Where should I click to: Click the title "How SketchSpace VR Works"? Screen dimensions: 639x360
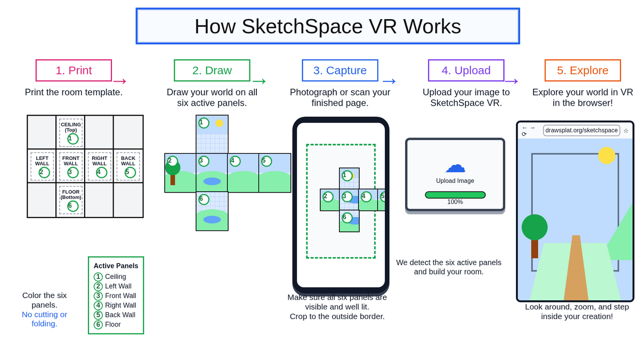pyautogui.click(x=328, y=26)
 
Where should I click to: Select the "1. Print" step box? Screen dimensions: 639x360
pyautogui.click(x=74, y=70)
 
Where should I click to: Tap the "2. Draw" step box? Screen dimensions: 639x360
pyautogui.click(x=212, y=70)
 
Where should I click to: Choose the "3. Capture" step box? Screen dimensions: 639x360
pyautogui.click(x=340, y=70)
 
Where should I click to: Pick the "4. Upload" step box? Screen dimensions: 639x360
pyautogui.click(x=466, y=70)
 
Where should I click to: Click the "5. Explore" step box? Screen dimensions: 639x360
pyautogui.click(x=583, y=70)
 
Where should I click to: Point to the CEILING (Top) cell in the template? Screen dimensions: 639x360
pyautogui.click(x=71, y=132)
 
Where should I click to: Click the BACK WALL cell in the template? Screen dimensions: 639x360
pyautogui.click(x=128, y=166)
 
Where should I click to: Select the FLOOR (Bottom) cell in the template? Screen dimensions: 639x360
pyautogui.click(x=71, y=200)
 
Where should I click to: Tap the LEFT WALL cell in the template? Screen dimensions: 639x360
pyautogui.click(x=42, y=166)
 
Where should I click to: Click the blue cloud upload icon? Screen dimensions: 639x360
pyautogui.click(x=455, y=167)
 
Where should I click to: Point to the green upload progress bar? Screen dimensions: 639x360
pyautogui.click(x=455, y=195)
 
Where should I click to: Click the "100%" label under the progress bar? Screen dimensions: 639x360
pyautogui.click(x=455, y=202)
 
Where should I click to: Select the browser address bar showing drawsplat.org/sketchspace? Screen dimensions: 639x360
pyautogui.click(x=581, y=131)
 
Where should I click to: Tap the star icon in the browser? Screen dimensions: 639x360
pyautogui.click(x=626, y=131)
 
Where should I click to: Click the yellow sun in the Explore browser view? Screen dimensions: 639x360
pyautogui.click(x=606, y=156)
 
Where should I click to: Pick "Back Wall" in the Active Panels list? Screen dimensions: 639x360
pyautogui.click(x=120, y=315)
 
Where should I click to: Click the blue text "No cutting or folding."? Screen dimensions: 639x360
pyautogui.click(x=44, y=319)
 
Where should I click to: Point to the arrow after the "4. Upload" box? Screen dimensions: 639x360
pyautogui.click(x=512, y=81)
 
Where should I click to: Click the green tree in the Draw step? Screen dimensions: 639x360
pyautogui.click(x=173, y=171)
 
